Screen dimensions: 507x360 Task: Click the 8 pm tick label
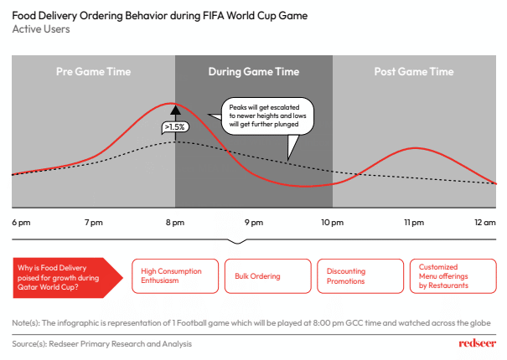pyautogui.click(x=175, y=223)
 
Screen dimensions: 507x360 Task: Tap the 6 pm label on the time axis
pyautogui.click(x=21, y=223)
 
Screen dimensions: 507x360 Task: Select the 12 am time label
pyautogui.click(x=484, y=223)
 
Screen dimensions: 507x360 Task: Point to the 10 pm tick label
pyautogui.click(x=332, y=223)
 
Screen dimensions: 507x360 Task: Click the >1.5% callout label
pyautogui.click(x=175, y=127)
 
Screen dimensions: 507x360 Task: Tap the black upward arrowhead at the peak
pyautogui.click(x=176, y=110)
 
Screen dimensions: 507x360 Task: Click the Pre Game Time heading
pyautogui.click(x=94, y=71)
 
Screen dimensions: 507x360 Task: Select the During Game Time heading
pyautogui.click(x=254, y=72)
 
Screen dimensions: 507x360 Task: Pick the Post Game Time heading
pyautogui.click(x=414, y=71)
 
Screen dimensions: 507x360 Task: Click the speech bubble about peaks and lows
pyautogui.click(x=267, y=116)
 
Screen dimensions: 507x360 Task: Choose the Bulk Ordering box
pyautogui.click(x=267, y=276)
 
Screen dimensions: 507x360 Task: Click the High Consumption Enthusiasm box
pyautogui.click(x=175, y=276)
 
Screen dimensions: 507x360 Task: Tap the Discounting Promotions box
pyautogui.click(x=360, y=276)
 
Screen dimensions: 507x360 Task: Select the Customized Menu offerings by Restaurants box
pyautogui.click(x=453, y=276)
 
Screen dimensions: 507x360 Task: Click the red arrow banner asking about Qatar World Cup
pyautogui.click(x=68, y=278)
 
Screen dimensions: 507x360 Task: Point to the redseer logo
pyautogui.click(x=478, y=343)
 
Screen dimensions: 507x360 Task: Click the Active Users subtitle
pyautogui.click(x=41, y=29)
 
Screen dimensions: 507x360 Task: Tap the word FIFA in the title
pyautogui.click(x=213, y=16)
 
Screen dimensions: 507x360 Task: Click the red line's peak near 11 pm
pyautogui.click(x=416, y=148)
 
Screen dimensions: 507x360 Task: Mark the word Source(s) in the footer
pyautogui.click(x=28, y=344)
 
